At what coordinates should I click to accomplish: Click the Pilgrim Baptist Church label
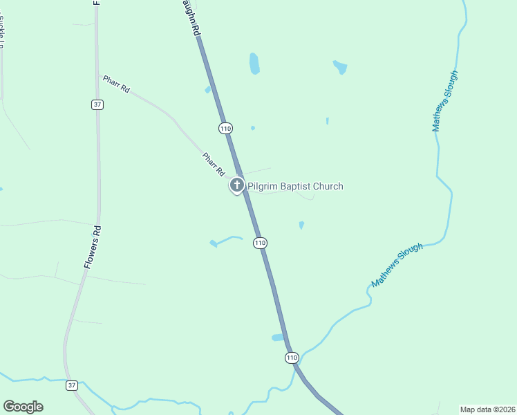coord(295,186)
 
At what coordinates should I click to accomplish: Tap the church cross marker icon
coord(237,185)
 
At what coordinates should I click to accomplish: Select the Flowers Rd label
coord(93,247)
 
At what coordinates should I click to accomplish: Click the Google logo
coord(23,407)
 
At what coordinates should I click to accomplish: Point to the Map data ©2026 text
coord(487,409)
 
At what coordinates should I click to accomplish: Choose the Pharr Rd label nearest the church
coord(214,164)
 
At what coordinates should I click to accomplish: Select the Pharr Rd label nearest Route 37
coord(116,84)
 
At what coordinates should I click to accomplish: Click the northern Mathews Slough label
coord(444,101)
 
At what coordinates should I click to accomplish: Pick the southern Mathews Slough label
coord(396,265)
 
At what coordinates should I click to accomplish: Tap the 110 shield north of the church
coord(225,128)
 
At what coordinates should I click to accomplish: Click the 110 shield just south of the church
coord(260,243)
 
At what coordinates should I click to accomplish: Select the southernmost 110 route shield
coord(292,358)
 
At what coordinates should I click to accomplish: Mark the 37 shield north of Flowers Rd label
coord(97,104)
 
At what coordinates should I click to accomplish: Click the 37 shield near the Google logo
coord(72,385)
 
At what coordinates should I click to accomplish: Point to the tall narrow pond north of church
coord(254,64)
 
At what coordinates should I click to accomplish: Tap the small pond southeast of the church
coord(301,225)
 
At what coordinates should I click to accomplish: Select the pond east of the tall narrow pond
coord(339,67)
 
